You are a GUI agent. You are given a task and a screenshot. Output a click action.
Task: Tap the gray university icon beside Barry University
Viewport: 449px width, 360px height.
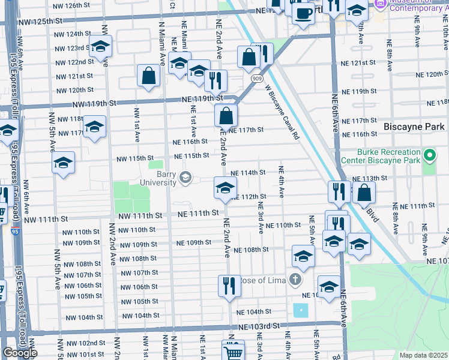tap(185, 176)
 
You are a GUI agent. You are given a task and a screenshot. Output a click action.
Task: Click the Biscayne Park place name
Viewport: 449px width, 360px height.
tap(414, 127)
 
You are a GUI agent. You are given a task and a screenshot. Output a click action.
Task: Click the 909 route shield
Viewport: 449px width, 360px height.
tap(256, 78)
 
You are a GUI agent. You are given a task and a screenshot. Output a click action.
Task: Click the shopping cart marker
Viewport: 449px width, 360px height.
tap(233, 350)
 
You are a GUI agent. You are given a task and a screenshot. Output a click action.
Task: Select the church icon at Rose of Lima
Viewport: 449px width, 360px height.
tap(294, 279)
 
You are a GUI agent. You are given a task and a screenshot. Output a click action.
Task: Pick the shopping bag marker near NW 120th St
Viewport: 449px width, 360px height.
tap(148, 76)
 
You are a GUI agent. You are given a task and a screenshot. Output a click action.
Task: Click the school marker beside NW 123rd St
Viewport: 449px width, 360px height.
tap(100, 46)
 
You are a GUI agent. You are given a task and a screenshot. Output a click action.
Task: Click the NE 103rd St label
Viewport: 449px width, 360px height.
tap(259, 326)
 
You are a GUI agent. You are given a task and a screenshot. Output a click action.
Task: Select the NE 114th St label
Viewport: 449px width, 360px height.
tap(248, 173)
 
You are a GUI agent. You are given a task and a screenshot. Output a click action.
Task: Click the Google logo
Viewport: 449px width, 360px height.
tap(20, 353)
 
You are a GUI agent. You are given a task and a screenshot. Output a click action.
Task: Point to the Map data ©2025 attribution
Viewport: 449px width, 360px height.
tap(423, 355)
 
